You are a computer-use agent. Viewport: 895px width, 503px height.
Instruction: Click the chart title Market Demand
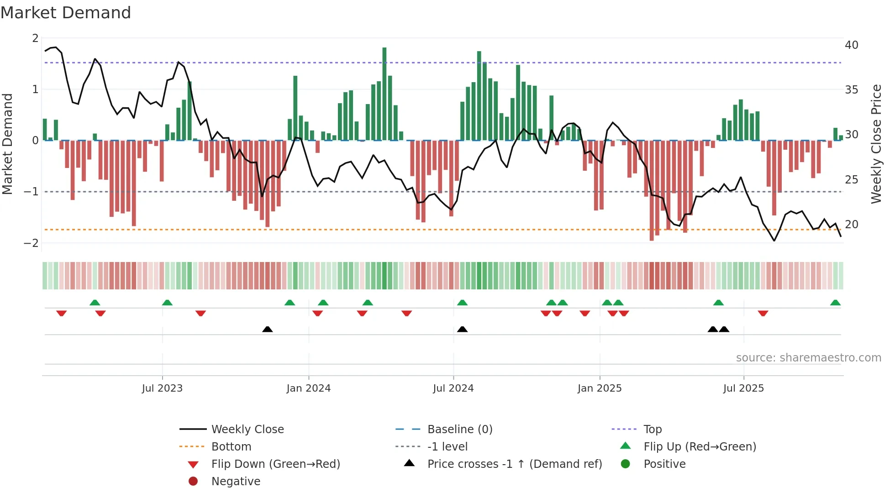click(x=66, y=13)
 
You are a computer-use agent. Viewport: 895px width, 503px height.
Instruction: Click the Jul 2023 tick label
click(x=162, y=388)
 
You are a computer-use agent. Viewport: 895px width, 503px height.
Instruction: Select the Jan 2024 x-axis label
click(x=308, y=388)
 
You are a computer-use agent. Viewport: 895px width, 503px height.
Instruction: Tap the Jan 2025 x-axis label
click(x=599, y=388)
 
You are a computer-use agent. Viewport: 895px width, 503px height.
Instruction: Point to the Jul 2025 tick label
click(x=743, y=388)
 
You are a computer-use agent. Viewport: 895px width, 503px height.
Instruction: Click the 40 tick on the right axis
click(x=851, y=45)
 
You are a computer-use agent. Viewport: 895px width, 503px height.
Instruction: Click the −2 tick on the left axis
click(x=31, y=243)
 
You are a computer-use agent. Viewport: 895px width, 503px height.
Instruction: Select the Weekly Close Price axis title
click(x=876, y=144)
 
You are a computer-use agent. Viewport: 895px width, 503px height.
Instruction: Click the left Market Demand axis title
click(x=7, y=144)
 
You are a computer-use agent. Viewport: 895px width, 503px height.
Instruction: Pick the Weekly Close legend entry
click(x=247, y=430)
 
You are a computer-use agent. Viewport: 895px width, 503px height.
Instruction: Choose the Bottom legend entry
click(x=231, y=447)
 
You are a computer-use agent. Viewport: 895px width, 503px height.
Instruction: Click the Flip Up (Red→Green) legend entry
click(x=700, y=447)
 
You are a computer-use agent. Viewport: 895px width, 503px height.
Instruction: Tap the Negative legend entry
click(x=236, y=482)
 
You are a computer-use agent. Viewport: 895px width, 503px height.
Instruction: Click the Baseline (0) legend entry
click(x=459, y=430)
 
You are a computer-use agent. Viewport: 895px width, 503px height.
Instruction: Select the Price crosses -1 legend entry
click(x=514, y=464)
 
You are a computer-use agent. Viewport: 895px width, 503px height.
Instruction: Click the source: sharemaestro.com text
click(x=808, y=358)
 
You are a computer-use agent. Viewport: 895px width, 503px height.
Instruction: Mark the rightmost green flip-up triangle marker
click(x=835, y=303)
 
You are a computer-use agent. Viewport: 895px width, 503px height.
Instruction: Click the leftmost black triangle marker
click(x=268, y=329)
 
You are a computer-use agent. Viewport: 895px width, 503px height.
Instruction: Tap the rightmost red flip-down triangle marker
click(x=763, y=313)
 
